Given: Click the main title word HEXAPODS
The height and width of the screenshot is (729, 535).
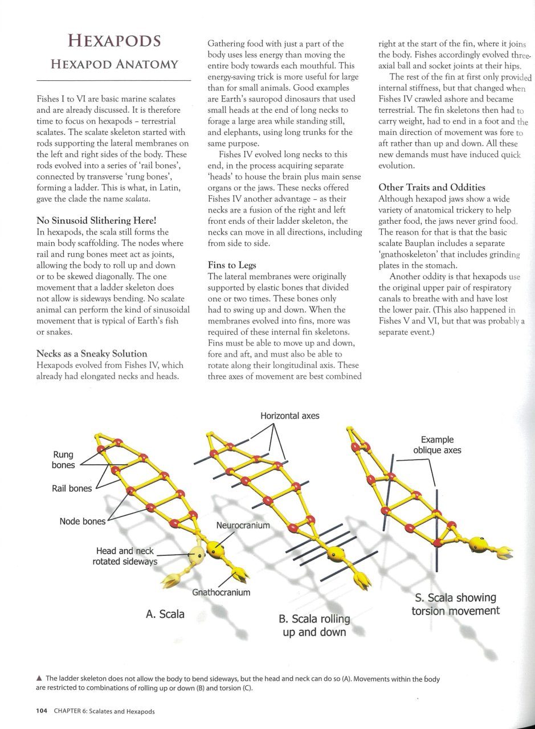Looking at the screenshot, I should click(x=114, y=41).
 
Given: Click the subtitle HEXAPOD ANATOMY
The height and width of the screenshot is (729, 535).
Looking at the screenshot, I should click(x=114, y=64).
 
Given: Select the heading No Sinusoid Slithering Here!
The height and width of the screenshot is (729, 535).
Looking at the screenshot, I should click(x=96, y=221).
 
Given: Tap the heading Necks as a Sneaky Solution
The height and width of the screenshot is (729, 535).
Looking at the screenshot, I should click(x=92, y=354).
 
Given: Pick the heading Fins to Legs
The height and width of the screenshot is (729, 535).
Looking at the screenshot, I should click(x=232, y=265).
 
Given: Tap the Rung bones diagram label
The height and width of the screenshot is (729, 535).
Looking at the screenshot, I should click(x=63, y=460).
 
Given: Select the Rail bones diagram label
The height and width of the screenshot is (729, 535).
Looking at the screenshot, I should click(x=72, y=488).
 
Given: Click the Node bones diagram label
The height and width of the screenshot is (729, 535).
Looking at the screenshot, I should click(x=83, y=521).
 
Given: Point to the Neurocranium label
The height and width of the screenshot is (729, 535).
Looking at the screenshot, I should click(x=243, y=525).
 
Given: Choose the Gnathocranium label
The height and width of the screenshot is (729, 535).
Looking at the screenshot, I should click(x=221, y=592).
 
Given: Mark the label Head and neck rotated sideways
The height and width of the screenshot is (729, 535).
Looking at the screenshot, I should click(x=125, y=556).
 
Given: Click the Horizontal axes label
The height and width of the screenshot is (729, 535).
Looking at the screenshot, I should click(x=290, y=416).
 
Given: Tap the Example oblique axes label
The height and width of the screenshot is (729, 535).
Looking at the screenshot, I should click(x=437, y=445).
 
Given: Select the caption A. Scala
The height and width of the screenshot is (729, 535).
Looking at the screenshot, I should click(x=165, y=614).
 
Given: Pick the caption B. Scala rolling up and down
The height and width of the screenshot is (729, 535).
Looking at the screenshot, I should click(x=315, y=625).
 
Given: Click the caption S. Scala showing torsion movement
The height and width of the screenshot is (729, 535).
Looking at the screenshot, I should click(x=455, y=604).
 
